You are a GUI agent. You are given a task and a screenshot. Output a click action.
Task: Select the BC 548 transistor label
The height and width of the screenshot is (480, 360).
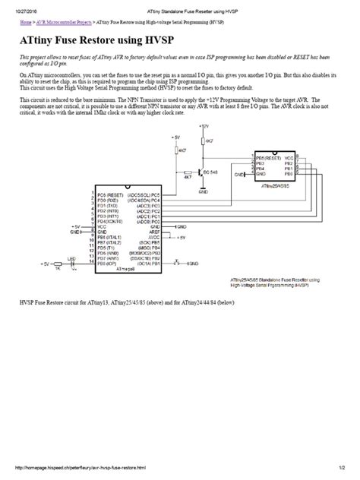pyautogui.click(x=211, y=173)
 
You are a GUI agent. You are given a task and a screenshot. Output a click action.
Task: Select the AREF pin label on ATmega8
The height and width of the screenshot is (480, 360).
pyautogui.click(x=153, y=231)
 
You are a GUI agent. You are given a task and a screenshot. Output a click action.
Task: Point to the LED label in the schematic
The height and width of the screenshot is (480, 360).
pyautogui.click(x=72, y=258)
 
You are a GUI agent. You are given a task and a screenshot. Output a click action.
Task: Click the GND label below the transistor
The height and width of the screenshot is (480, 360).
pyautogui.click(x=203, y=193)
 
